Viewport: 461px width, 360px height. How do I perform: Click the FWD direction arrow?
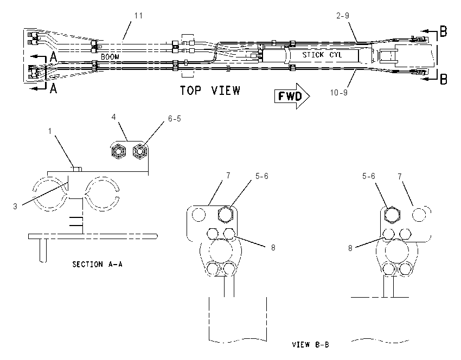click(x=292, y=96)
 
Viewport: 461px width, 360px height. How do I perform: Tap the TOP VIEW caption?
click(x=210, y=91)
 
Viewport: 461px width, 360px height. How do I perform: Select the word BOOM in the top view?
click(x=110, y=57)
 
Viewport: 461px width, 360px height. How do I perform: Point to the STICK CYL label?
click(x=322, y=55)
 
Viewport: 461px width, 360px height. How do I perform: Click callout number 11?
click(x=138, y=16)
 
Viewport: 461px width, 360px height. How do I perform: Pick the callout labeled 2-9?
click(x=343, y=15)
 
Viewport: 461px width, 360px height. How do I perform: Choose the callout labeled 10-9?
click(x=338, y=93)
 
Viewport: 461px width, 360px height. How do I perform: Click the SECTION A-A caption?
click(x=97, y=264)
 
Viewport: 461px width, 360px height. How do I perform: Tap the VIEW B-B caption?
click(x=310, y=344)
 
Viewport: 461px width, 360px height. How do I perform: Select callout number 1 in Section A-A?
click(x=50, y=131)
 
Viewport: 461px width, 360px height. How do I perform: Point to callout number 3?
click(x=15, y=207)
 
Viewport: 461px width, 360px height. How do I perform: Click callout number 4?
click(x=113, y=117)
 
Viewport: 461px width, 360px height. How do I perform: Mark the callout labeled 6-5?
click(x=174, y=119)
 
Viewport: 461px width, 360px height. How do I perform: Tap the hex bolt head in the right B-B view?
click(x=393, y=215)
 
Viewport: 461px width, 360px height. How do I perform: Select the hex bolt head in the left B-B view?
click(x=226, y=214)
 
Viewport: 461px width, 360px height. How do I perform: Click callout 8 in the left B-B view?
click(x=273, y=248)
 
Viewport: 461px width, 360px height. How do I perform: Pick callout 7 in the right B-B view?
click(x=400, y=176)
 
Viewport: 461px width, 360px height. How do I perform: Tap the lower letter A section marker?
click(x=53, y=88)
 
